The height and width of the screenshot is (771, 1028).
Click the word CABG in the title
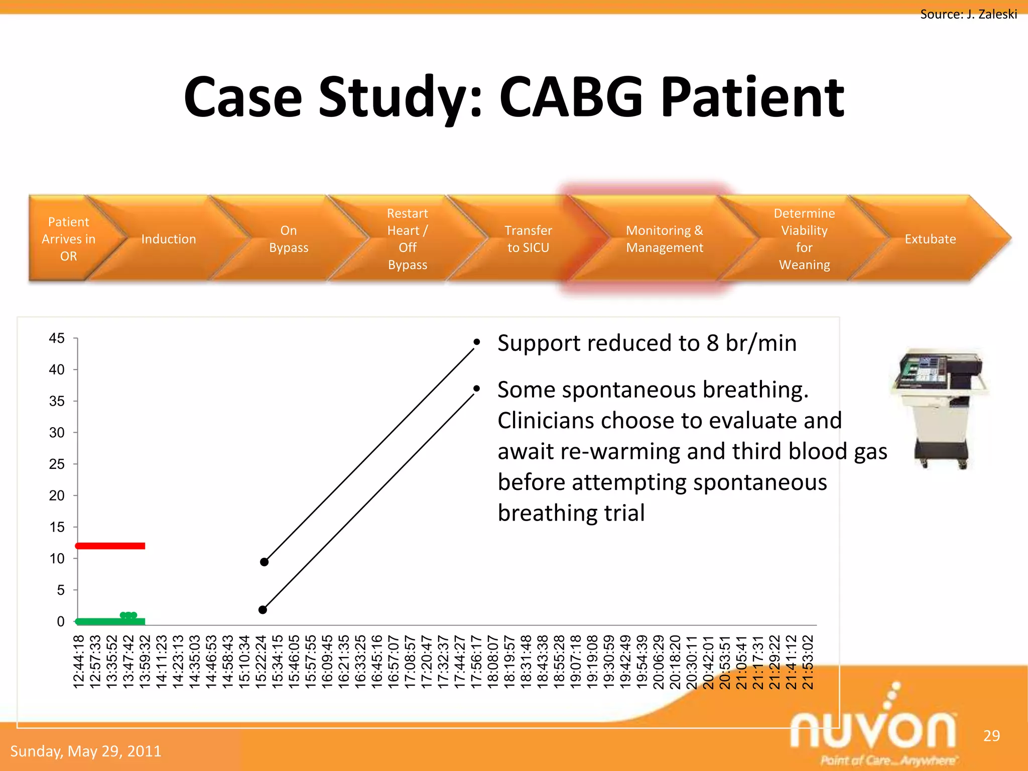pyautogui.click(x=571, y=97)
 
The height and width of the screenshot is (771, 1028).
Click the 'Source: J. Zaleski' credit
pyautogui.click(x=968, y=14)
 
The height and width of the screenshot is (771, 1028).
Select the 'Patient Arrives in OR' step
pyautogui.click(x=68, y=239)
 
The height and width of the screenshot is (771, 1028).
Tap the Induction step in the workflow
pyautogui.click(x=169, y=239)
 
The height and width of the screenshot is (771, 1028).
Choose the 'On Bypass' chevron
pyautogui.click(x=288, y=239)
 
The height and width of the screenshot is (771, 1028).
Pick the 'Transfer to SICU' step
pyautogui.click(x=528, y=239)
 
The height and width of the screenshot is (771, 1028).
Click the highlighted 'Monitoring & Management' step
pyautogui.click(x=664, y=239)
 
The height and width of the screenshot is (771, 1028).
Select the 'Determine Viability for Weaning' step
pyautogui.click(x=804, y=239)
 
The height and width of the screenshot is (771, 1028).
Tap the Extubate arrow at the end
pyautogui.click(x=930, y=239)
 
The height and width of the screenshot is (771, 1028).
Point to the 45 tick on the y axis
pyautogui.click(x=57, y=338)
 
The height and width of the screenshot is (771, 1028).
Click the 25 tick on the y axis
pyautogui.click(x=57, y=464)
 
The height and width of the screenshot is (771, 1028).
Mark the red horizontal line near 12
pyautogui.click(x=110, y=546)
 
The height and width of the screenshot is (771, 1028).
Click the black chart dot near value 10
pyautogui.click(x=264, y=562)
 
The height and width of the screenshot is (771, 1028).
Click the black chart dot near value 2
pyautogui.click(x=263, y=610)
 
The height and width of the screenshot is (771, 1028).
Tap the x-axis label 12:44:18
pyautogui.click(x=79, y=662)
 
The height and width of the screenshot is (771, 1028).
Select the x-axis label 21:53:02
pyautogui.click(x=807, y=662)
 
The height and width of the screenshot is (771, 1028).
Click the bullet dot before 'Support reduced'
pyautogui.click(x=476, y=342)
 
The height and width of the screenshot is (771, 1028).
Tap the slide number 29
pyautogui.click(x=991, y=735)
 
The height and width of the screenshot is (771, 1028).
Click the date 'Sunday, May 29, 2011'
pyautogui.click(x=86, y=751)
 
